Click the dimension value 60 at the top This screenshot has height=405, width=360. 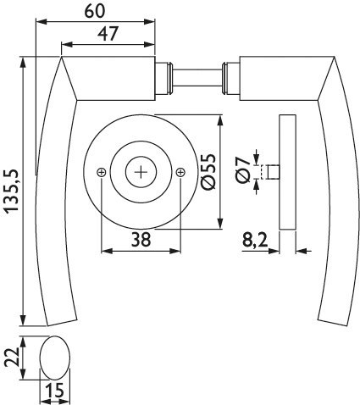(x=95, y=11)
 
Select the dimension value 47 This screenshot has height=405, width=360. (x=108, y=34)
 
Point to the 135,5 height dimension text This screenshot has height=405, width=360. (x=12, y=191)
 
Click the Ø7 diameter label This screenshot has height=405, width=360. (x=243, y=171)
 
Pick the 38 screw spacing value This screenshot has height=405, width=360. (x=141, y=240)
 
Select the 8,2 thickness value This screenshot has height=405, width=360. (x=255, y=241)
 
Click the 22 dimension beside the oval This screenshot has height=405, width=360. (x=12, y=357)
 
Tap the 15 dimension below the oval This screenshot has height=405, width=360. (x=55, y=391)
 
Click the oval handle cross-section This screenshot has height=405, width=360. (x=55, y=358)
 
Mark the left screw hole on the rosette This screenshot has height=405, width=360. (x=101, y=172)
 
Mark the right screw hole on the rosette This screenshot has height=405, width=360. (x=180, y=172)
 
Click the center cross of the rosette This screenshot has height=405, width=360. (x=141, y=172)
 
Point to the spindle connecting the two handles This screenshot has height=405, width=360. (x=197, y=78)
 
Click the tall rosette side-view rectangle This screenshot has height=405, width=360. (x=288, y=172)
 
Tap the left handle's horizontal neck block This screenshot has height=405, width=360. (x=116, y=78)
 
